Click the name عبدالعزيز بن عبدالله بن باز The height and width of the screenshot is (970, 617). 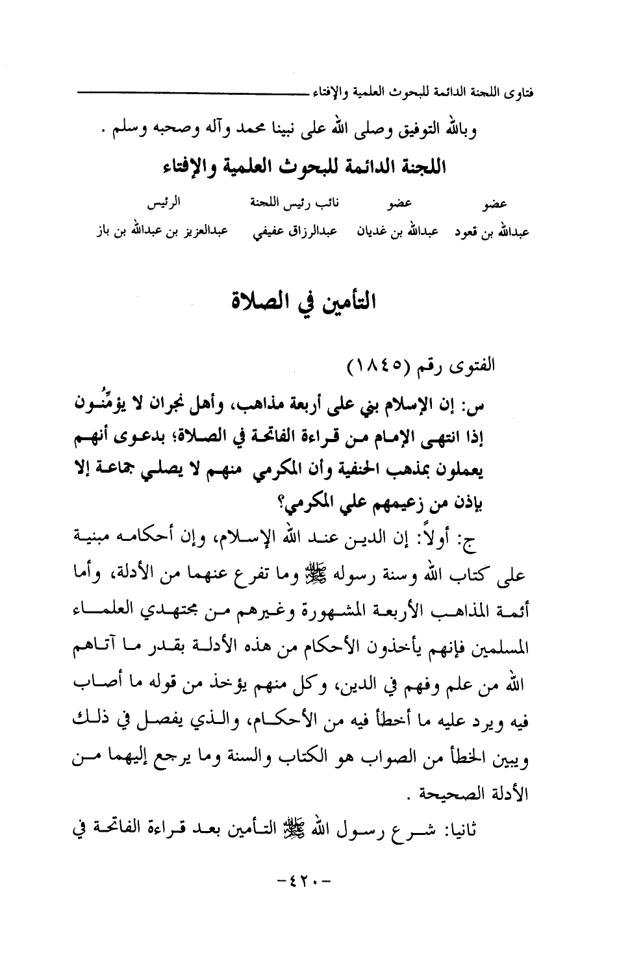[x=147, y=232]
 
